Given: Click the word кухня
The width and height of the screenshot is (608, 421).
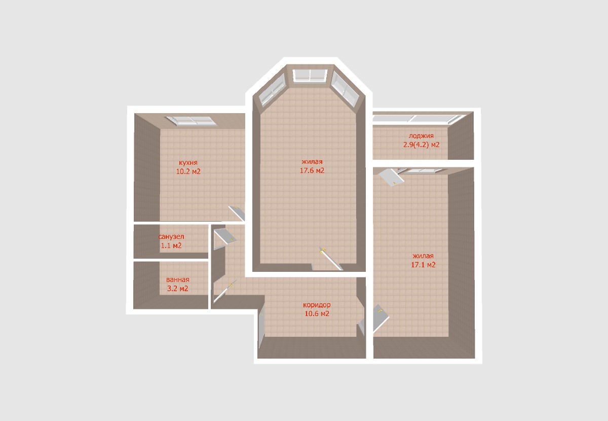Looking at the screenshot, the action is [188, 163].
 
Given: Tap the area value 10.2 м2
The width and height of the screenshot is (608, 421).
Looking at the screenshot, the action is [188, 171].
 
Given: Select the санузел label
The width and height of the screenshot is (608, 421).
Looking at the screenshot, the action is [171, 237].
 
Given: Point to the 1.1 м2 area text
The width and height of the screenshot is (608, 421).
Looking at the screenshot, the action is [171, 245].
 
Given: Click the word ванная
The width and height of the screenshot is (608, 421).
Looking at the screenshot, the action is [177, 279].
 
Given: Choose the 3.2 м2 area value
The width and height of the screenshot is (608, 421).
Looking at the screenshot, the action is [177, 289].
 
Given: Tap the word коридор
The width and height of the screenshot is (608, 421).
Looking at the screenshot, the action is [317, 305].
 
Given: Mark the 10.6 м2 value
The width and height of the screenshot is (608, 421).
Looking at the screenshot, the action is [317, 313].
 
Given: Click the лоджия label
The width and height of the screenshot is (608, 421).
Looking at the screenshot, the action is [421, 136].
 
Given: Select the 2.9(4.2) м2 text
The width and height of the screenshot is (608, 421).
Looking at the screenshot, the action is [421, 145].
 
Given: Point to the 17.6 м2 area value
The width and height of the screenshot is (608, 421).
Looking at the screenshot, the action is [312, 170].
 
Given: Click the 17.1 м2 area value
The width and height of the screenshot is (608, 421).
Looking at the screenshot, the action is [423, 264].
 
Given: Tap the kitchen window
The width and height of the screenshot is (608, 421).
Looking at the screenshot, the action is [191, 121].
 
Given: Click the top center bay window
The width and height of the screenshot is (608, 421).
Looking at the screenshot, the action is [310, 76].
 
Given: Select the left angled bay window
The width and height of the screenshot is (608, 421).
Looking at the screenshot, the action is [272, 89].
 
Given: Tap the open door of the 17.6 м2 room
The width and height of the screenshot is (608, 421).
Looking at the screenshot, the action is [331, 259].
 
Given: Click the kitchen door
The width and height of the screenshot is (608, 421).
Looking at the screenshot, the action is [237, 213].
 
